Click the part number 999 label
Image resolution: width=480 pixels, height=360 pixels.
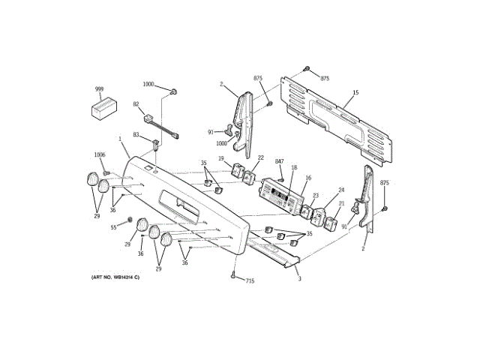click(98, 89)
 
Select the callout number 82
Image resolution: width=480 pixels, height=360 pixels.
click(136, 105)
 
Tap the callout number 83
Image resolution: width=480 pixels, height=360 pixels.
click(136, 135)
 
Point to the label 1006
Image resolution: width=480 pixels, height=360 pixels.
click(99, 155)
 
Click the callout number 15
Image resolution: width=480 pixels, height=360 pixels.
click(355, 93)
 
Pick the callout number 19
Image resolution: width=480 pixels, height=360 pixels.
click(222, 158)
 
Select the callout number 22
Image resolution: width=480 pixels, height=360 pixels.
click(260, 158)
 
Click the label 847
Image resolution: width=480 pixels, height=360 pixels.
click(279, 162)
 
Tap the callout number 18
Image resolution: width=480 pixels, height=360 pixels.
click(294, 168)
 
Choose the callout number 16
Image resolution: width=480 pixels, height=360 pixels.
click(307, 178)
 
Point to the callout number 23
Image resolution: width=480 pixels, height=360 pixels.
click(316, 196)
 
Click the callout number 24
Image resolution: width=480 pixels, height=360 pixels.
click(340, 190)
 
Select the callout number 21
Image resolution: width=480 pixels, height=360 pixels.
click(340, 203)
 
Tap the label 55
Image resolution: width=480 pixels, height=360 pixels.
click(114, 227)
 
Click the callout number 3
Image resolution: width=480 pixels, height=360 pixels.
click(299, 280)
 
